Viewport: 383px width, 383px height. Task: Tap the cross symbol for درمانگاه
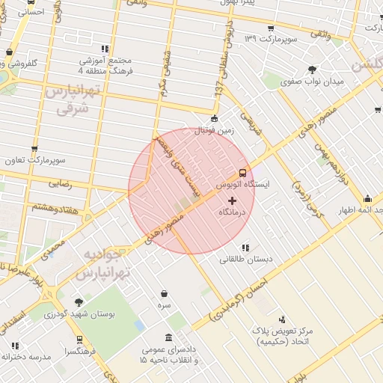pyautogui.click(x=231, y=200)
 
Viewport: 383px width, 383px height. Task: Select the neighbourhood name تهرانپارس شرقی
pyautogui.click(x=72, y=99)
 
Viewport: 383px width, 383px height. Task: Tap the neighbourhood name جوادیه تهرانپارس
pyautogui.click(x=104, y=264)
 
